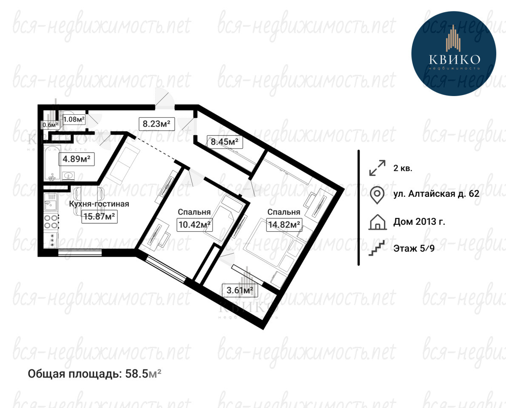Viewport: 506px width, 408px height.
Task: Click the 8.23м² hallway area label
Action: click(156, 124)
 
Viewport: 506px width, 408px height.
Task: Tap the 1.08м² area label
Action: click(74, 119)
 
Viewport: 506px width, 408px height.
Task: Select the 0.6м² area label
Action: click(50, 125)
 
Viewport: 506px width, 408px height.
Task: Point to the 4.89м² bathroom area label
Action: click(77, 159)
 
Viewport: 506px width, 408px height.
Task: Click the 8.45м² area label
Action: click(225, 141)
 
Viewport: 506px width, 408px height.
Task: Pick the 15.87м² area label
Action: click(99, 216)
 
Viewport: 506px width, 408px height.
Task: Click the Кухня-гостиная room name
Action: click(99, 204)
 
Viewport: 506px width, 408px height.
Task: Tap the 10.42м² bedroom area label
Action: click(195, 224)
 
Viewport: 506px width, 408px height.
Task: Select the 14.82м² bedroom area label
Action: click(284, 224)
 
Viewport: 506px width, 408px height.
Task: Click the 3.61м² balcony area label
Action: click(240, 290)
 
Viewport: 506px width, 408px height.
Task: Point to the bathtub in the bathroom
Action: click(52, 162)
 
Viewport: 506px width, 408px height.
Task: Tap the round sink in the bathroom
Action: click(68, 176)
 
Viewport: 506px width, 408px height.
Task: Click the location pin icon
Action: click(377, 195)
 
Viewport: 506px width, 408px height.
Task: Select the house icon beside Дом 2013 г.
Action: click(377, 222)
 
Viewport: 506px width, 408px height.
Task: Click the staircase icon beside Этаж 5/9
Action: click(377, 248)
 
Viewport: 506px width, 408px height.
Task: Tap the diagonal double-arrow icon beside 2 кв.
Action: click(377, 168)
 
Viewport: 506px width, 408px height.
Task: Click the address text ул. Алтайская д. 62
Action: click(436, 193)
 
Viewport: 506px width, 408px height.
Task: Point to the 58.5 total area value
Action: click(136, 374)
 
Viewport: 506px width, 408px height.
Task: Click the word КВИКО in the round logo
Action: click(454, 59)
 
